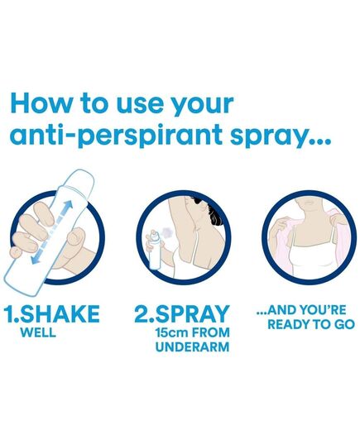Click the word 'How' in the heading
41,103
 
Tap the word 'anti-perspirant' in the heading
116,135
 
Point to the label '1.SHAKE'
51,313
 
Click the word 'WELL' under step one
38,332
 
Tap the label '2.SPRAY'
182,313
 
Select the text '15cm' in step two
172,332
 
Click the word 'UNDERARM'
192,346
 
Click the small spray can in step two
154,249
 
